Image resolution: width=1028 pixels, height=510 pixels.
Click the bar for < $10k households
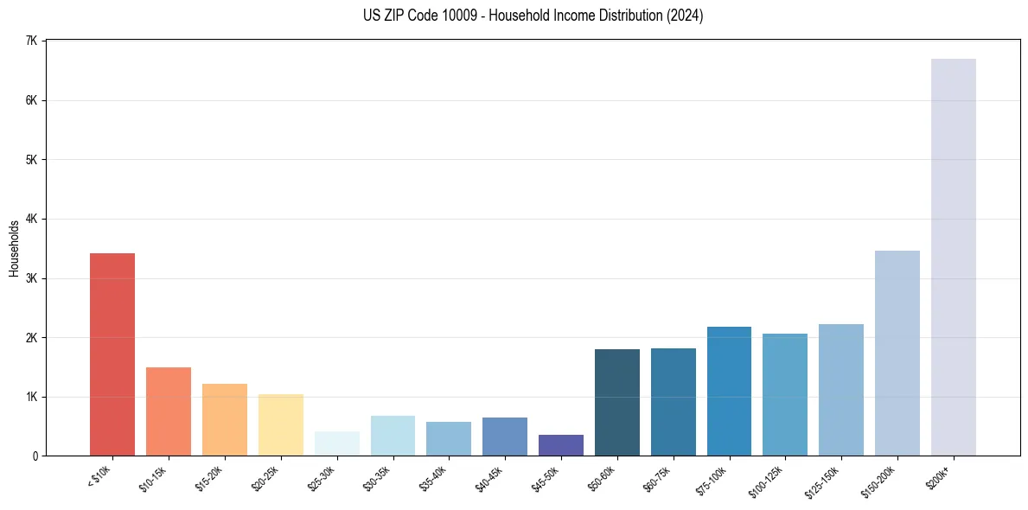point(112,354)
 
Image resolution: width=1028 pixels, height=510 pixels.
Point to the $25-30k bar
point(337,443)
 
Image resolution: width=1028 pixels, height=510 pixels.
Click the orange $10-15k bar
point(169,411)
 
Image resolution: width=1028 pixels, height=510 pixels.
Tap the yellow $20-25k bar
point(281,424)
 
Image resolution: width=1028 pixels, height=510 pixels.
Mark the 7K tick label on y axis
point(32,41)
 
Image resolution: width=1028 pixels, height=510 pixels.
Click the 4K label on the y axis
point(32,219)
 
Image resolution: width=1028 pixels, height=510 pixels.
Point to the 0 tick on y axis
point(35,456)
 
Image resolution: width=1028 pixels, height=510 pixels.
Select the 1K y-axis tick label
point(32,397)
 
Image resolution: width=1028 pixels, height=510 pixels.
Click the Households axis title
point(15,248)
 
